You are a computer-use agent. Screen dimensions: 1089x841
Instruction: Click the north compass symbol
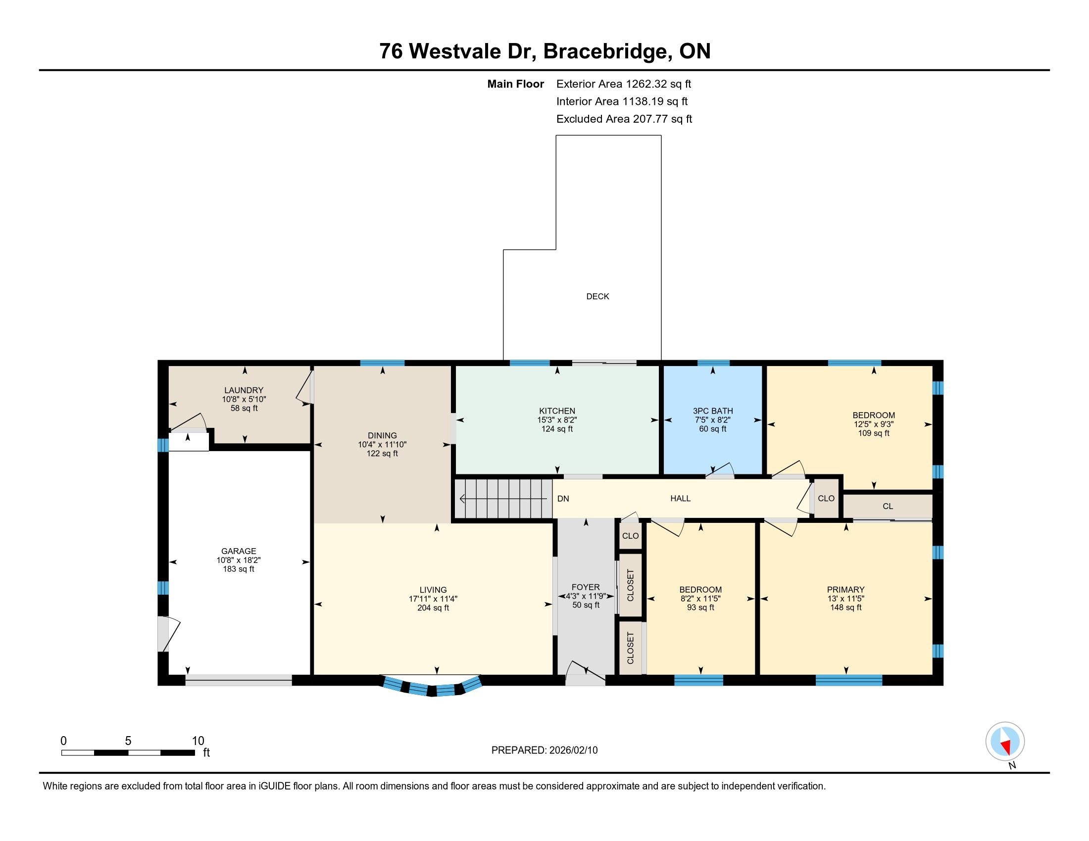(1005, 742)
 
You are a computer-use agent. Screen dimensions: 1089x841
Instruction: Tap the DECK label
(597, 296)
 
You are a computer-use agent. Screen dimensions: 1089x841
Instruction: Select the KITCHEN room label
(557, 411)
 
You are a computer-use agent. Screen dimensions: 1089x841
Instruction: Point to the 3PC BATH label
(712, 411)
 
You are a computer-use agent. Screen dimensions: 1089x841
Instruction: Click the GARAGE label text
(239, 551)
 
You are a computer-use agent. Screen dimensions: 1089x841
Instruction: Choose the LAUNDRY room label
(244, 390)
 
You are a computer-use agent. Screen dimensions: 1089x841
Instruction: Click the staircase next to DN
(503, 498)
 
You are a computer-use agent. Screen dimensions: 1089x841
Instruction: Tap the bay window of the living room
(432, 685)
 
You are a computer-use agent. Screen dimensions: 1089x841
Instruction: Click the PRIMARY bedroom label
(845, 589)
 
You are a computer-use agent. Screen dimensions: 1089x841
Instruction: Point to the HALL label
(680, 498)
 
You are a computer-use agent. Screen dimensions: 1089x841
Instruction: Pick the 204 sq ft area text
(433, 608)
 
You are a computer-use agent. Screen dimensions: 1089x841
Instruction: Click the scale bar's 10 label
(198, 741)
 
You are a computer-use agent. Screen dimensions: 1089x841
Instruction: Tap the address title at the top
(544, 51)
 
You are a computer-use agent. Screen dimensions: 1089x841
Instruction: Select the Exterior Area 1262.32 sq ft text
(624, 84)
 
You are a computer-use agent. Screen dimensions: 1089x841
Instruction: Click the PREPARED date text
(544, 750)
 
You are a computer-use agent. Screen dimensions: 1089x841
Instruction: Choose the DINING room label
(383, 435)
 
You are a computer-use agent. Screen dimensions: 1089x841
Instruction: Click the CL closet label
(888, 506)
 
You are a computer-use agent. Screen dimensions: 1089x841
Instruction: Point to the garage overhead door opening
(239, 680)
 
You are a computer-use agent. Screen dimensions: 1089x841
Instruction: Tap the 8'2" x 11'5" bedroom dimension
(700, 599)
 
